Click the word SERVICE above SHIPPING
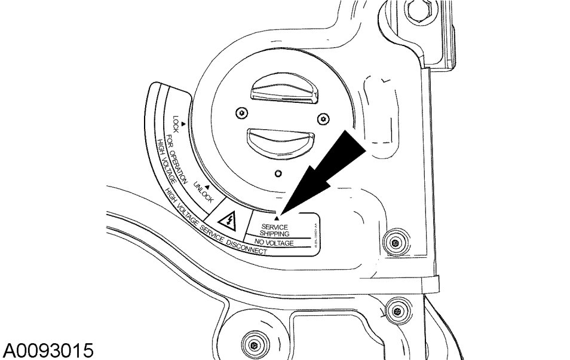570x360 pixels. pos(274,227)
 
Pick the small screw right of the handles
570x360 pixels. pos(323,118)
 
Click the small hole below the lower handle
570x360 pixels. pos(278,173)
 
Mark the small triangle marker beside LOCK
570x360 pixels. pos(185,123)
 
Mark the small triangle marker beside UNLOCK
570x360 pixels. pos(207,187)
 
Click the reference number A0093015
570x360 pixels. pos(47,349)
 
